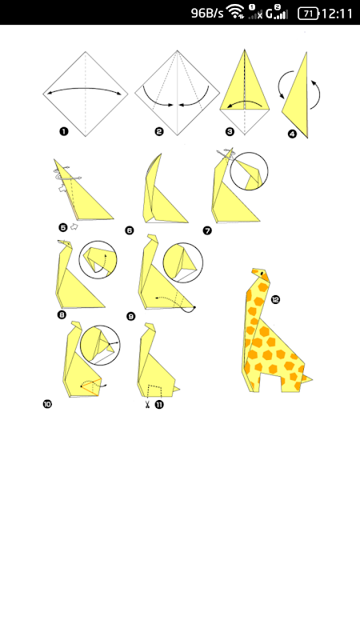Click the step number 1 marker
click(x=64, y=131)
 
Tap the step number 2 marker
click(x=159, y=131)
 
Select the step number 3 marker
click(x=230, y=131)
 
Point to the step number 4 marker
click(x=292, y=134)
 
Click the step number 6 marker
click(x=129, y=230)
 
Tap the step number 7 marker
click(x=207, y=230)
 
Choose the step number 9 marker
click(x=130, y=316)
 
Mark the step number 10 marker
click(x=47, y=404)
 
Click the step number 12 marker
click(x=275, y=299)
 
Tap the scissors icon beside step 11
click(x=147, y=405)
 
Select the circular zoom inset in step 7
click(x=249, y=171)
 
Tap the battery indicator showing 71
click(x=308, y=14)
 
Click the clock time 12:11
click(x=337, y=14)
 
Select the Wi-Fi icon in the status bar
click(x=235, y=12)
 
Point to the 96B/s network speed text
click(x=207, y=13)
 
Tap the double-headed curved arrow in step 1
click(x=86, y=88)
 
